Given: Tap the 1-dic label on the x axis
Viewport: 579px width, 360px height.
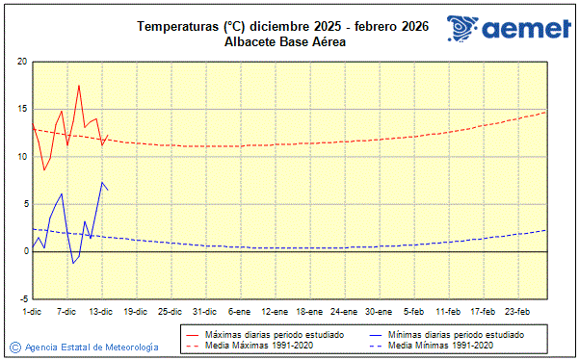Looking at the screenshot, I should pos(32,312).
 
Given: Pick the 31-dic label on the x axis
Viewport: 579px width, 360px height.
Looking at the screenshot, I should pos(204,312).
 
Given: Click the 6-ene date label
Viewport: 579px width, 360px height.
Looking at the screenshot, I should pos(239,312).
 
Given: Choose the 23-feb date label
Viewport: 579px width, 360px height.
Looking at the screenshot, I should pos(517,312).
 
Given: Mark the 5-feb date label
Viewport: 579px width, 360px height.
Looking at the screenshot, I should pos(413,312).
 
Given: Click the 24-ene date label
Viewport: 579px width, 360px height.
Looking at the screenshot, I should pos(344,312).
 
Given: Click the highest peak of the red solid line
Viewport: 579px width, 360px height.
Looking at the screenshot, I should pos(79,86).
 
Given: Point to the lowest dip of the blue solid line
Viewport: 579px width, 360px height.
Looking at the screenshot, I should pos(72,263).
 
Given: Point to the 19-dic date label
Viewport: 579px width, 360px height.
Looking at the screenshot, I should pos(135,312).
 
